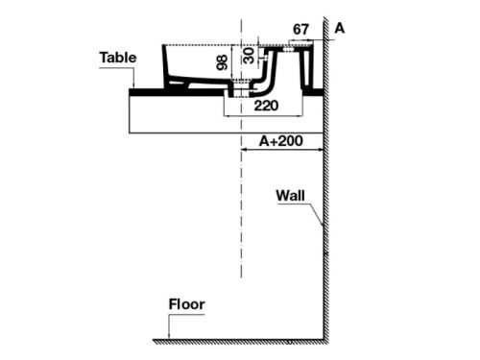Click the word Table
point(116,58)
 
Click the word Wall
point(292,195)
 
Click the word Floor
point(187,305)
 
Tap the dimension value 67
point(301,29)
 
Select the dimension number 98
point(222,62)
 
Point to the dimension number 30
point(249,55)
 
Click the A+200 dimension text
point(282,141)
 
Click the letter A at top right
point(340,29)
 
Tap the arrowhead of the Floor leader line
point(170,337)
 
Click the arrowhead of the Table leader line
point(136,87)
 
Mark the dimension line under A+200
point(282,151)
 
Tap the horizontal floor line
point(240,340)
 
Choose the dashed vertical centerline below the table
point(239,240)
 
